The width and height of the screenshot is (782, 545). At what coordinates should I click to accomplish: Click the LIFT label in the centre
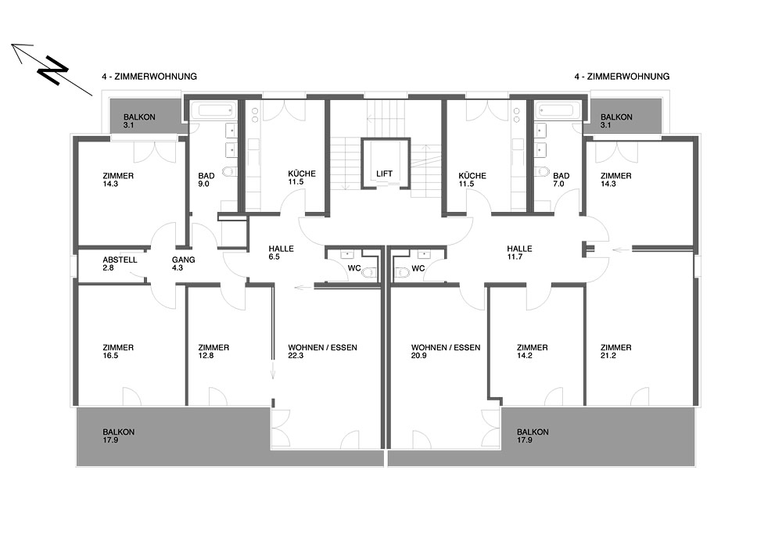point(384,174)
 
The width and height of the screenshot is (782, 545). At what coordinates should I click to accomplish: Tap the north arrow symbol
point(52,70)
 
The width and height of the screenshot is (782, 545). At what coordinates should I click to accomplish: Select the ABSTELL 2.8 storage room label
point(120,264)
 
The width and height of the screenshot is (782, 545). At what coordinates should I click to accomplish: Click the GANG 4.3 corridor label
point(184,264)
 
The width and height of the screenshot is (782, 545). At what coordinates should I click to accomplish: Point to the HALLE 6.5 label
point(281,253)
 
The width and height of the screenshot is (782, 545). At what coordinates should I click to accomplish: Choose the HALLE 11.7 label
point(519,253)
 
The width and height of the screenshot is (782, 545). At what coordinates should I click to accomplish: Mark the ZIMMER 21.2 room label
point(616,352)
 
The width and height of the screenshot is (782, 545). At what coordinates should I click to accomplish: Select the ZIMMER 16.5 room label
point(118,352)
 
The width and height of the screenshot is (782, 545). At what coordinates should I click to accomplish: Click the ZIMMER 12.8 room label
point(213,352)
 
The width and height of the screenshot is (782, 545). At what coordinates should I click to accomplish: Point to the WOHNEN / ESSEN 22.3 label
point(323,352)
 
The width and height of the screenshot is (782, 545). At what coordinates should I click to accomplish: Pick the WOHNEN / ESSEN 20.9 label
point(446,352)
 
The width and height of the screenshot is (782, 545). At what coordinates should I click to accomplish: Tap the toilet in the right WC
point(400,273)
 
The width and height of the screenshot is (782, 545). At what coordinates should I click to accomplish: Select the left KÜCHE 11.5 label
point(302,177)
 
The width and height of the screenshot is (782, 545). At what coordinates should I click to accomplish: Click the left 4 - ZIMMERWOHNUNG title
point(149,77)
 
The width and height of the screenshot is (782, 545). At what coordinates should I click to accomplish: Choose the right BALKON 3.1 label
point(616,121)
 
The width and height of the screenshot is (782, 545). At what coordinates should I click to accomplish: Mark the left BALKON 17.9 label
point(119,436)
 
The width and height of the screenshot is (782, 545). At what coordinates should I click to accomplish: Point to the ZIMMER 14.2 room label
point(532,352)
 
